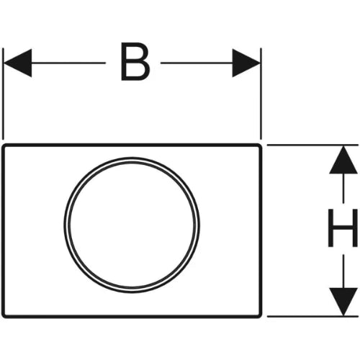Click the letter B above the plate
point(135,61)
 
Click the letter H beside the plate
point(343,228)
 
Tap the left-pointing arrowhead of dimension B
point(18,63)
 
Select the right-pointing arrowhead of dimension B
point(246,63)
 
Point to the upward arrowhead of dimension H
point(343,160)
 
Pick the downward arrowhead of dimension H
point(343,302)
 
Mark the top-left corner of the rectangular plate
point(3,145)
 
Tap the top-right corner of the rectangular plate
point(261,145)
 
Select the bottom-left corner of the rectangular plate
point(3,317)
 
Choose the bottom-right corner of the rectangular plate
point(261,317)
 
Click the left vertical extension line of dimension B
point(3,94)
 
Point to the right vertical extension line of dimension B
point(261,94)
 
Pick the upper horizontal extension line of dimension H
point(312,145)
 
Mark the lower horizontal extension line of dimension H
point(312,317)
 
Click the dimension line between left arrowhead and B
point(68,63)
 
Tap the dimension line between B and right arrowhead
point(197,63)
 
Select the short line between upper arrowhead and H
point(343,188)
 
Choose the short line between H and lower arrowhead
point(343,271)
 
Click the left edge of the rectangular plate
point(3,231)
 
